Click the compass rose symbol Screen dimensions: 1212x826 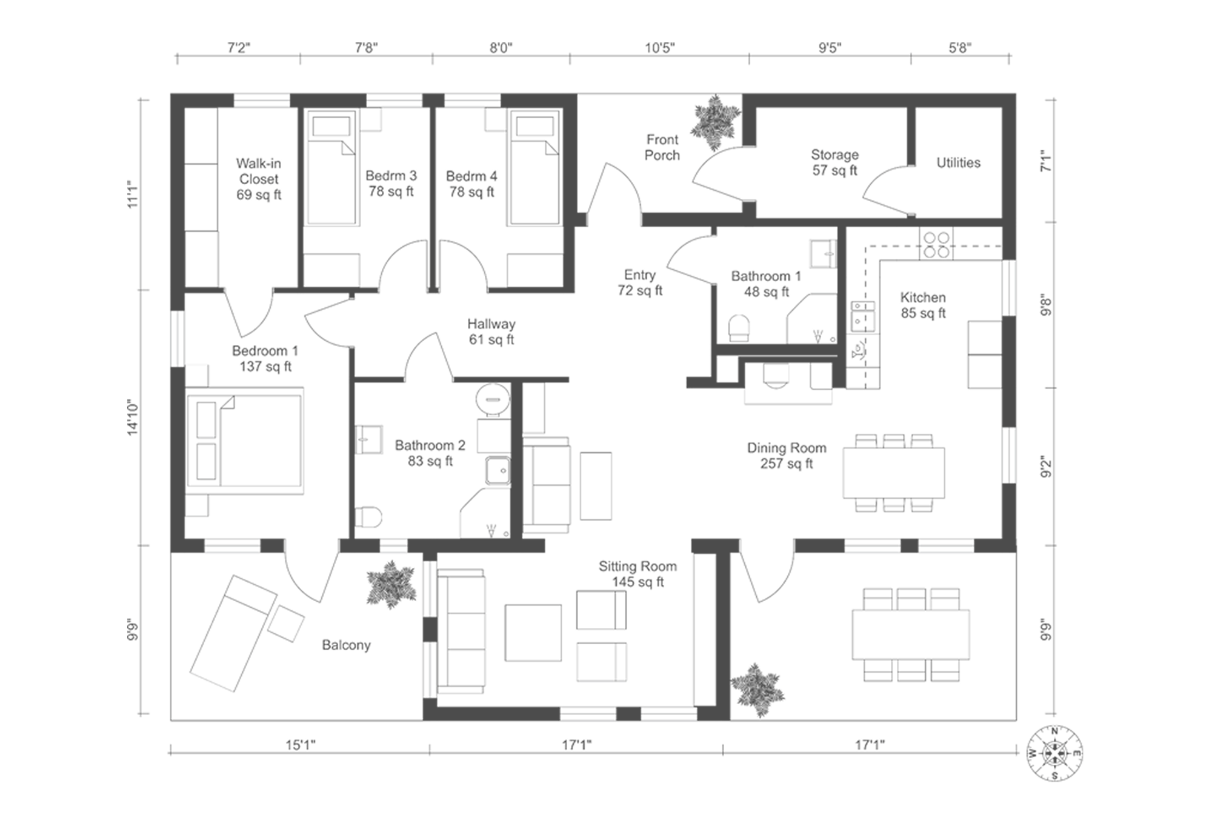coord(1055,753)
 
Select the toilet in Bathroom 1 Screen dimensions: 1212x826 coord(739,327)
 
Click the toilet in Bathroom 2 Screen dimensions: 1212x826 coord(368,517)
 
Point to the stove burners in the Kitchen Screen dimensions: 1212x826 coord(936,244)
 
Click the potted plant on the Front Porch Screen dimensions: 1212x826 coord(716,122)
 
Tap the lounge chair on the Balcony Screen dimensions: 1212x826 coord(234,633)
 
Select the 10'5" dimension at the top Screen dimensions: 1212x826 coord(659,48)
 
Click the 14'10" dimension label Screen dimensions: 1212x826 coord(133,417)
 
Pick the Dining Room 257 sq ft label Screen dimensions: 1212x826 coord(787,456)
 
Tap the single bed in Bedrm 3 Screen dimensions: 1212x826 coord(331,167)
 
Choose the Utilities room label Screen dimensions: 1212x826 coord(958,162)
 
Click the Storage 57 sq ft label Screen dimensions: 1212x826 coord(834,162)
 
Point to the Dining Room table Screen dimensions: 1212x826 coord(894,473)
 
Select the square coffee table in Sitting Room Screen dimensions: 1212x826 coord(533,633)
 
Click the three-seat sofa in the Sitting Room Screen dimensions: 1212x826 coord(461,631)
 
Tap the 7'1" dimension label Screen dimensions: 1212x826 coord(1047,161)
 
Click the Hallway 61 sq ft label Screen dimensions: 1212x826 coord(491,331)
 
